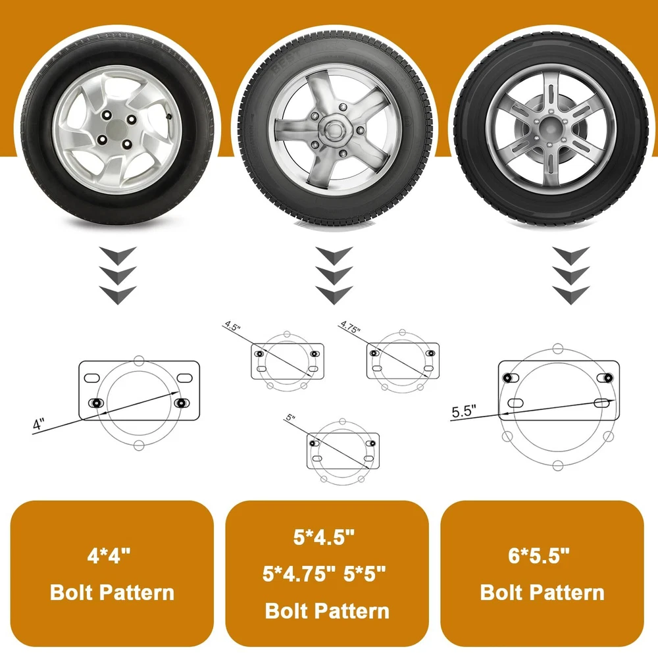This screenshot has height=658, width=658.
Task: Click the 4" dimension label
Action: click(x=38, y=424)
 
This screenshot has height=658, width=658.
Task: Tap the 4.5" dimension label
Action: click(x=232, y=326)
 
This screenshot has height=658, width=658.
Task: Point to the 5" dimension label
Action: click(x=290, y=418)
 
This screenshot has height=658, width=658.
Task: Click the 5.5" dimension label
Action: click(x=464, y=411)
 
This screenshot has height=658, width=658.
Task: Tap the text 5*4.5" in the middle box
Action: click(x=324, y=537)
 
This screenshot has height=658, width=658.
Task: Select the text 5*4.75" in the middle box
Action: click(x=299, y=574)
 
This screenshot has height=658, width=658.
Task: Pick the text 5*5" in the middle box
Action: click(x=365, y=574)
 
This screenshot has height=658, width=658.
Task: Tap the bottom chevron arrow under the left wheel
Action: click(x=118, y=295)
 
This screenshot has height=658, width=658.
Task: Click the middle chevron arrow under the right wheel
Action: click(x=570, y=275)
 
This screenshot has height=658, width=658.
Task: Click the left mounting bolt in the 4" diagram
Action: click(x=97, y=403)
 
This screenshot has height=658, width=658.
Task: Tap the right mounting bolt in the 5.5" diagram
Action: click(x=607, y=378)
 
